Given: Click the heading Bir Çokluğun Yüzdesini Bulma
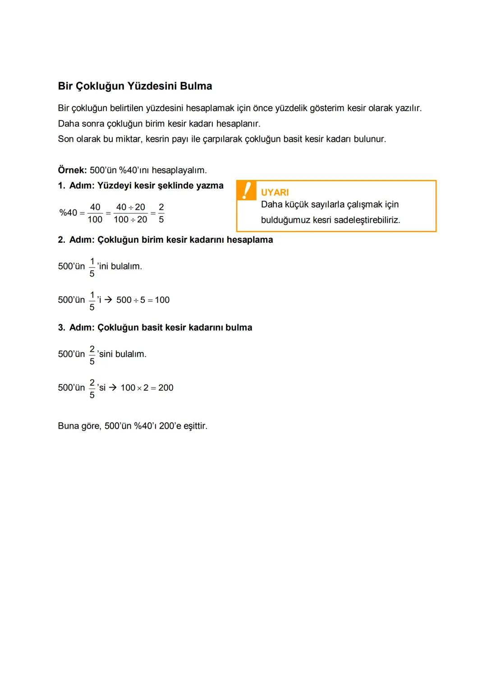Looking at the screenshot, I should (x=135, y=86).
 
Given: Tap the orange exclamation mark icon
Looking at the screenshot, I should (x=246, y=190).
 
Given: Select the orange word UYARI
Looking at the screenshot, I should (x=275, y=192).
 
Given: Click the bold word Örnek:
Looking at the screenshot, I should (x=72, y=170).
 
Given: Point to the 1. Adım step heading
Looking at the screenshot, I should (x=141, y=185).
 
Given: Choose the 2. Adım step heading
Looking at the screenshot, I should (x=165, y=240).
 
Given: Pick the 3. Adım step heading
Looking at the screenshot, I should (x=155, y=328).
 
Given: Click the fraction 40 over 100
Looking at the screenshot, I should (x=95, y=213).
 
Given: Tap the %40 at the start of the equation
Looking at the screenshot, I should (x=68, y=213).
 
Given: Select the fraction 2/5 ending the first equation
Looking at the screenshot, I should (x=161, y=213).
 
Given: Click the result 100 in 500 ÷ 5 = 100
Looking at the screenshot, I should (x=162, y=300).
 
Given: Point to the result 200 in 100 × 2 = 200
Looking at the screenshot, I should (x=166, y=388).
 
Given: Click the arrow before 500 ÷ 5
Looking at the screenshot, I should (x=108, y=300).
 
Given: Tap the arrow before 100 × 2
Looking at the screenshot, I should (x=113, y=388).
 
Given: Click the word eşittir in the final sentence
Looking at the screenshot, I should (x=195, y=426).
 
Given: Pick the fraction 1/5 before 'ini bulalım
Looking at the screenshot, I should (x=92, y=267).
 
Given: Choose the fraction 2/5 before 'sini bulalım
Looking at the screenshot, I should (x=92, y=355).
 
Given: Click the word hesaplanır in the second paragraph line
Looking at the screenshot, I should (x=238, y=124).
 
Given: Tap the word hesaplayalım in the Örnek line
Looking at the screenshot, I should (x=179, y=170).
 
